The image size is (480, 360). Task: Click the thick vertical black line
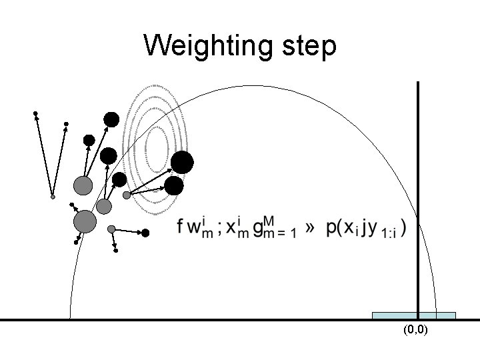(418, 200)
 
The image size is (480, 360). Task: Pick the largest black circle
(182, 163)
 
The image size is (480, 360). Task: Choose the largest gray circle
(85, 221)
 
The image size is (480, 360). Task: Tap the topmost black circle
(111, 120)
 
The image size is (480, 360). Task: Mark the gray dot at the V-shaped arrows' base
(53, 197)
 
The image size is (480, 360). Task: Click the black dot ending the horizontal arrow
(146, 233)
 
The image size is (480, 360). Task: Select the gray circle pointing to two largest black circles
(127, 195)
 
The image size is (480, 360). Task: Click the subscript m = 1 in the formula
(279, 235)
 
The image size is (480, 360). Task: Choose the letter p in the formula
(331, 229)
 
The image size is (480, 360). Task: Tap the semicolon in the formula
(219, 229)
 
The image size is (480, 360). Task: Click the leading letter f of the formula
(181, 227)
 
